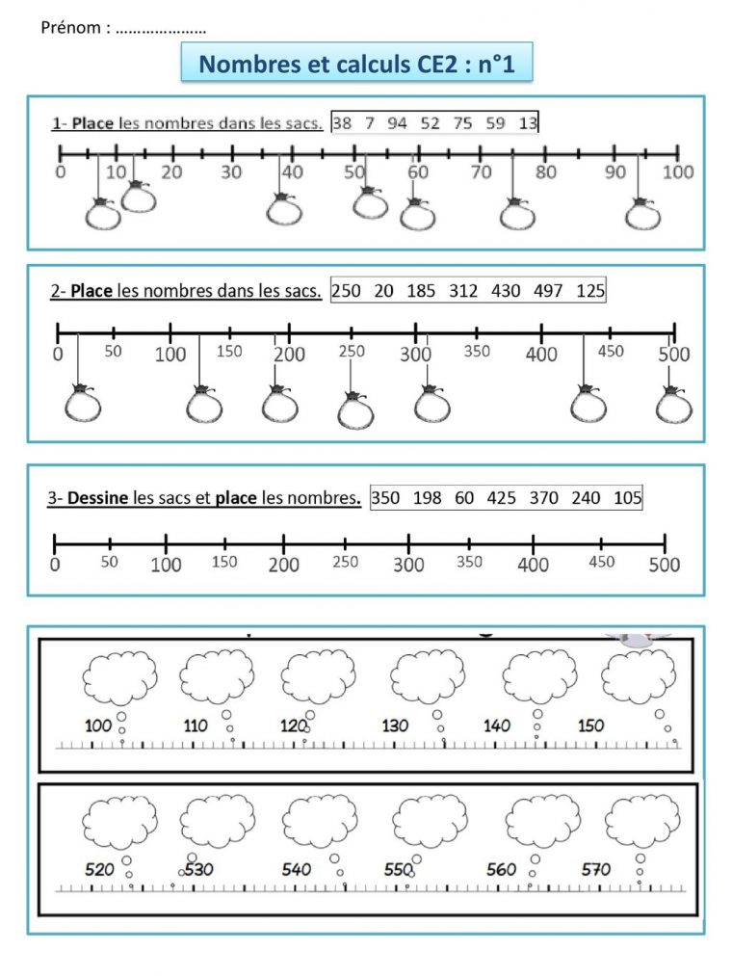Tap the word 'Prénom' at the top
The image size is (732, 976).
coord(73,28)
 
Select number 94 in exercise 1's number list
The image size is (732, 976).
coord(397,122)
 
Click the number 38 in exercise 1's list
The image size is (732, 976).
coord(342,122)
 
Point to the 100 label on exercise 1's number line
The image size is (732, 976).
coord(678,171)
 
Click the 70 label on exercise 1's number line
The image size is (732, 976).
coord(481,171)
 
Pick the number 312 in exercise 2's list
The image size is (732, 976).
coord(463,290)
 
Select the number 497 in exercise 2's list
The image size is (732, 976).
coord(548,290)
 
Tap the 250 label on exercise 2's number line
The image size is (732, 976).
coord(353,352)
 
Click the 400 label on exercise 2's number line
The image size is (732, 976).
coord(541,355)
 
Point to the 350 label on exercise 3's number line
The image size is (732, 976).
coord(469,562)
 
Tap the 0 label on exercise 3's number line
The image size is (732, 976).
coord(55,565)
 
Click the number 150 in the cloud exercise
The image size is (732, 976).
coord(591,725)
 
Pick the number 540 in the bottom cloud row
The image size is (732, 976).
coord(297,869)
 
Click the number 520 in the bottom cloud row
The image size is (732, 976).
coord(99,869)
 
